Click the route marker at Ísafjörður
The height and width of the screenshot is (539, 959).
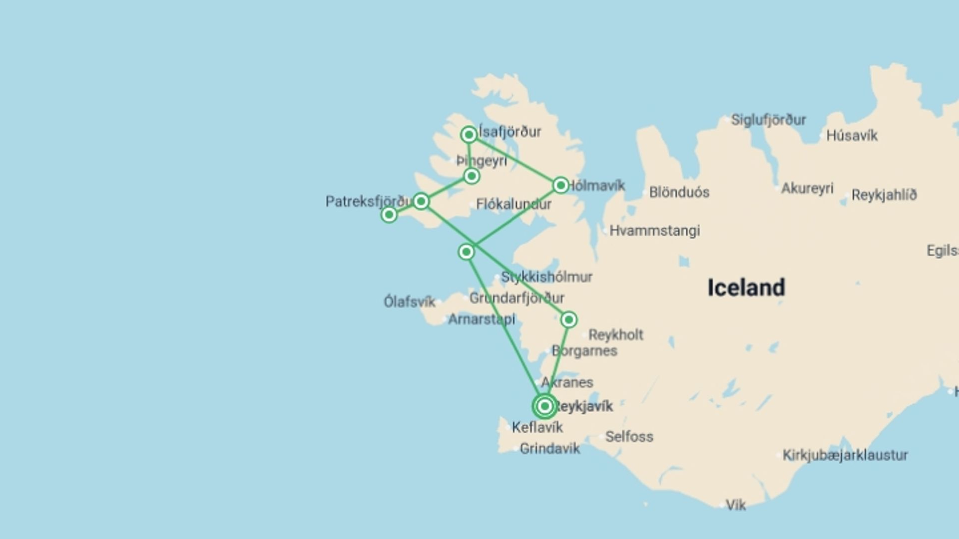[x=469, y=135]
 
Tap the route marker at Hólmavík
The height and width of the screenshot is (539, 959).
[x=560, y=185]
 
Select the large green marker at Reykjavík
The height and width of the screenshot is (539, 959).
[x=544, y=406]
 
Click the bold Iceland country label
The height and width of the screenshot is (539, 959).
[x=746, y=288]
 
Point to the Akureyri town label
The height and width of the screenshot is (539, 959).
[x=807, y=188]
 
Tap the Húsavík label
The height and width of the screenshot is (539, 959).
[x=852, y=136]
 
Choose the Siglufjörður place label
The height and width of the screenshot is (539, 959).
[x=768, y=120]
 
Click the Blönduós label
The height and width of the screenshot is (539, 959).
[x=679, y=192]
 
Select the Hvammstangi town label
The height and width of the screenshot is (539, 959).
[x=654, y=231]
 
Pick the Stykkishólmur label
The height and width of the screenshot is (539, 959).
[x=546, y=277]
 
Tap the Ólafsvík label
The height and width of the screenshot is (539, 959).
[x=409, y=302]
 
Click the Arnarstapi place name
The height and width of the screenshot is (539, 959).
[x=481, y=319]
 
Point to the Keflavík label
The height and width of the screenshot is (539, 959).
[x=537, y=427]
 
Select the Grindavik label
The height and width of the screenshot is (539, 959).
[x=549, y=449]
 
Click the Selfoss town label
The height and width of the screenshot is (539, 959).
[x=629, y=437]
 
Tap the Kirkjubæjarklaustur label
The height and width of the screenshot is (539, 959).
[x=845, y=455]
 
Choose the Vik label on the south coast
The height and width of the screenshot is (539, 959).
[x=735, y=506]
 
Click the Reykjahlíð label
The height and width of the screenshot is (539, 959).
[x=884, y=195]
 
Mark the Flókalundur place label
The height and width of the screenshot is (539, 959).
[x=513, y=204]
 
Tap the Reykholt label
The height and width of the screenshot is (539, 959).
[x=615, y=334]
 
